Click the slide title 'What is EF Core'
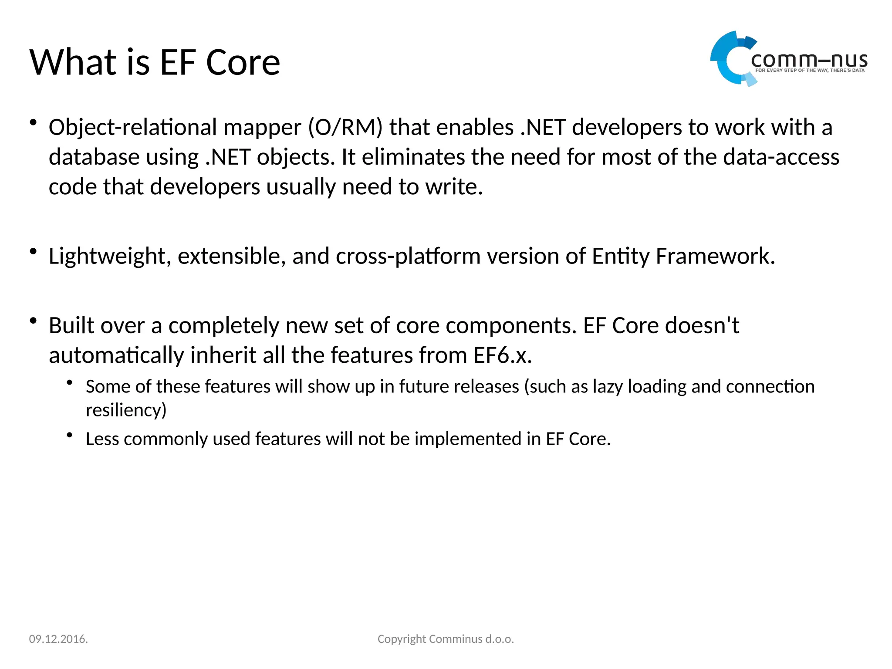coord(155,62)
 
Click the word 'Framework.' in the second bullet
coord(715,256)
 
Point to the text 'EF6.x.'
coord(503,355)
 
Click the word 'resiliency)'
coord(126,410)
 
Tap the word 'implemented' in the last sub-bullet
coord(468,439)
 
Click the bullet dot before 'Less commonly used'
coord(70,435)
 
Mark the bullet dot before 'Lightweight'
coord(33,251)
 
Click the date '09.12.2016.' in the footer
coord(58,639)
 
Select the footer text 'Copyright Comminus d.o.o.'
coord(446,639)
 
